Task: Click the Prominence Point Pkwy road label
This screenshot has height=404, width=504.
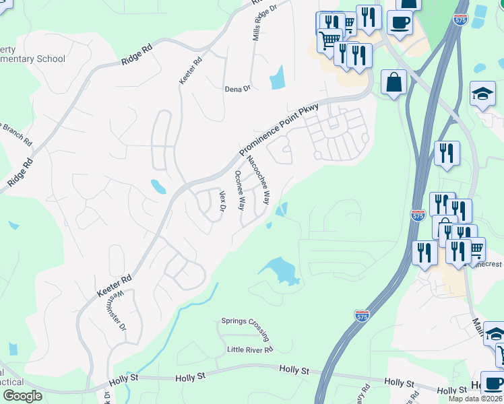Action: pyautogui.click(x=284, y=128)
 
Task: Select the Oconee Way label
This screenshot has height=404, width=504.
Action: pyautogui.click(x=239, y=190)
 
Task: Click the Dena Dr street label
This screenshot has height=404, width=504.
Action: pyautogui.click(x=237, y=88)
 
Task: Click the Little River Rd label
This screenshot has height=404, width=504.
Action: pyautogui.click(x=250, y=349)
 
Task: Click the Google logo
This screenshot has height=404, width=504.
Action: pyautogui.click(x=23, y=396)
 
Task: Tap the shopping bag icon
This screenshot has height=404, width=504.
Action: pyautogui.click(x=393, y=83)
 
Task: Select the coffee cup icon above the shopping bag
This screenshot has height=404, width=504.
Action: pyautogui.click(x=400, y=24)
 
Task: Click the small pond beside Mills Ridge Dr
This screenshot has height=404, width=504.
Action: pyautogui.click(x=277, y=78)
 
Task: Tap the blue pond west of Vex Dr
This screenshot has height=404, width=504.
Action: pyautogui.click(x=158, y=186)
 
